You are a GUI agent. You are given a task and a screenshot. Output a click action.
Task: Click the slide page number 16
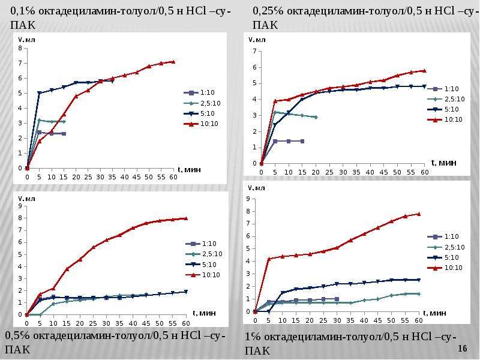tap(463, 349)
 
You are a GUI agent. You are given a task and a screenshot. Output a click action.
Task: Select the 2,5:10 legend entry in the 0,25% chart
tap(446, 99)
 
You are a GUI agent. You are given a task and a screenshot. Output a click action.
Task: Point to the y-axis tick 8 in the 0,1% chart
tap(20, 48)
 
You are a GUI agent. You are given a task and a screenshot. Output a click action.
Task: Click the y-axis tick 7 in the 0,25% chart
tap(254, 51)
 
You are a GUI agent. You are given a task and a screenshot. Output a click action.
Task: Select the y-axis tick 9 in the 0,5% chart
tap(20, 206)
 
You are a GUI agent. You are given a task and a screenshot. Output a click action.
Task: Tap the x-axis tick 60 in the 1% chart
tap(418, 320)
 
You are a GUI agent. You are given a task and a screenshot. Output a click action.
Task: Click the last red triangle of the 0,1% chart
tap(173, 62)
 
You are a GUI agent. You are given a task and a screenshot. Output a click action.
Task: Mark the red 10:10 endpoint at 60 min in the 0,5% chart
tap(185, 218)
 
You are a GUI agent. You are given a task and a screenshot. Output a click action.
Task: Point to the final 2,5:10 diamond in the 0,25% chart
tap(316, 117)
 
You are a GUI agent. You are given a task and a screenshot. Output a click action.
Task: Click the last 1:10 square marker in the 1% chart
tap(337, 299)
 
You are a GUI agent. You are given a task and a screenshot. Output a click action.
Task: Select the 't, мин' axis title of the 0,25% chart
tap(443, 163)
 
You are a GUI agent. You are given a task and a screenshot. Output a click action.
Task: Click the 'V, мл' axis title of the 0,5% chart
tap(26, 199)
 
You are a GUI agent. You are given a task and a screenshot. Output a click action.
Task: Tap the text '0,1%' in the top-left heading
tap(23, 11)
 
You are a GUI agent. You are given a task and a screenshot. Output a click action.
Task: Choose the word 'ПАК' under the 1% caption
tap(257, 350)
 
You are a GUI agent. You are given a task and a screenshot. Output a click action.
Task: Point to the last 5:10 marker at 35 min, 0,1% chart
tap(112, 81)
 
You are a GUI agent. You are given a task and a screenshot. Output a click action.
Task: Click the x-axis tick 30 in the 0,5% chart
tap(106, 323)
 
